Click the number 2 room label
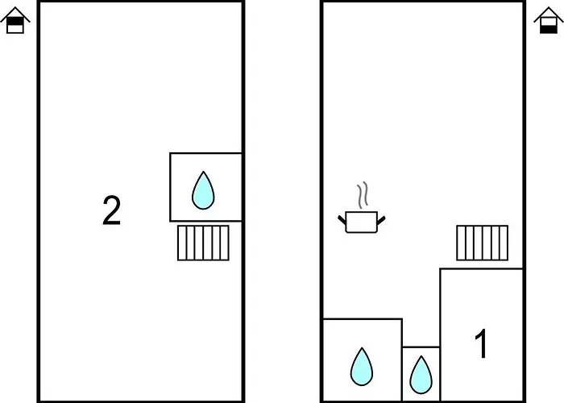click(x=111, y=210)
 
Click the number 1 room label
click(x=481, y=345)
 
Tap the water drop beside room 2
click(x=203, y=190)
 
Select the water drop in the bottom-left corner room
click(x=362, y=366)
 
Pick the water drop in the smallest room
click(x=421, y=374)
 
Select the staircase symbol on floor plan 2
click(x=203, y=243)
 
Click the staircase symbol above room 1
click(x=483, y=243)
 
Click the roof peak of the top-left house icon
click(x=15, y=6)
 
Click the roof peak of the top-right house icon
click(x=548, y=6)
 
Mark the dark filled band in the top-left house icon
click(x=15, y=20)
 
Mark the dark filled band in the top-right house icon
click(x=548, y=28)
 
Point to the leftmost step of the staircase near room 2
click(x=181, y=243)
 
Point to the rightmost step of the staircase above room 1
click(x=504, y=243)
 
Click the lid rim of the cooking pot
click(x=360, y=214)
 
